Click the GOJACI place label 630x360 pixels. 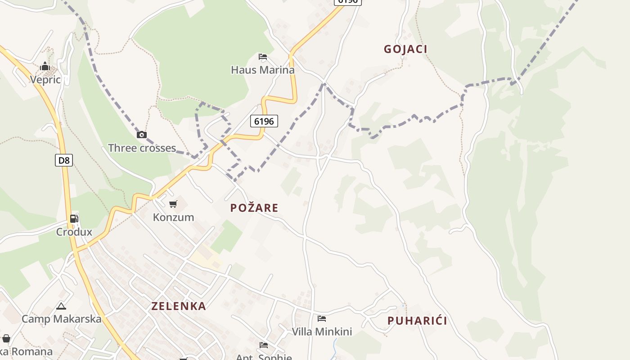[405, 49]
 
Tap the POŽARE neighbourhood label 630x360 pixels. [254, 208]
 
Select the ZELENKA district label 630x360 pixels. [179, 306]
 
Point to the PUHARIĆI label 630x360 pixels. [417, 321]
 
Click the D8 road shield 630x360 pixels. [64, 160]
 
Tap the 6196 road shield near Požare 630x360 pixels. [264, 121]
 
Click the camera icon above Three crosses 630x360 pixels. [142, 135]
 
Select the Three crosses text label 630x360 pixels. [142, 148]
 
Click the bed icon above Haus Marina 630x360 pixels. [263, 57]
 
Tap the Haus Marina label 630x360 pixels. [263, 70]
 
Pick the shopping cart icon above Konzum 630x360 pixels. [173, 204]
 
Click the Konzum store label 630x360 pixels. [173, 217]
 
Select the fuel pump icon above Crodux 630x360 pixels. [74, 219]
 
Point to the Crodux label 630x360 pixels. [74, 232]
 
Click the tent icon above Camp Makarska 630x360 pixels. [61, 306]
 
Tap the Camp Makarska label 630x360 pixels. [61, 319]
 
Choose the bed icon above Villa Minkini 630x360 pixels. [322, 319]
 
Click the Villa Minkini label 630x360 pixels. [322, 332]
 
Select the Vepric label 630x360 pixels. [45, 80]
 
